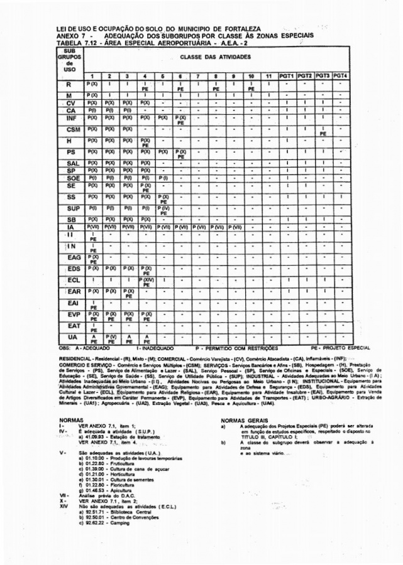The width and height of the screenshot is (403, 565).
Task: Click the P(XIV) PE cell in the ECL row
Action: [145, 282]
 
